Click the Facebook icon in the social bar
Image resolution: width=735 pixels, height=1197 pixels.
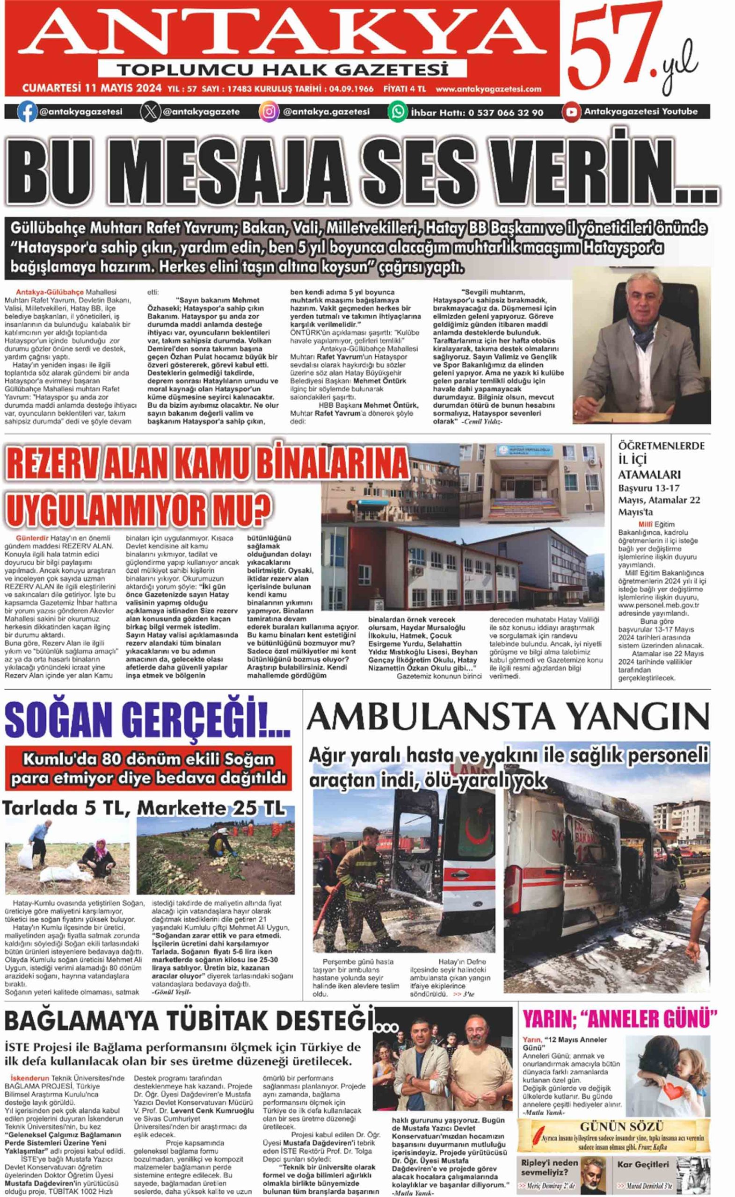[x=27, y=112]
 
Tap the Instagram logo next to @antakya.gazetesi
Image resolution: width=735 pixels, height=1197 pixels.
[x=269, y=112]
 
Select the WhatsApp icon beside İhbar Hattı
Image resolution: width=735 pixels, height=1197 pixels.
[x=398, y=112]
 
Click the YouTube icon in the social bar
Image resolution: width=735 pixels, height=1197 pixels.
[x=572, y=112]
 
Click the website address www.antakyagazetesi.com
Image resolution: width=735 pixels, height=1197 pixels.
[x=488, y=89]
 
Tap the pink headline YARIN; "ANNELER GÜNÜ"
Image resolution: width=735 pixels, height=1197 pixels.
[x=620, y=1019]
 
